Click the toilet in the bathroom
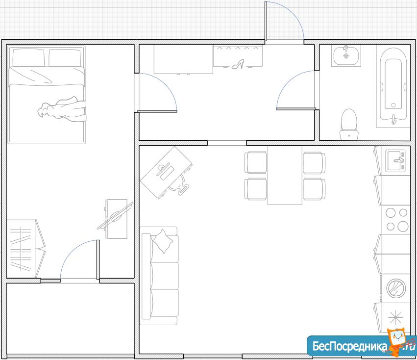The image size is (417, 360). point(349,124)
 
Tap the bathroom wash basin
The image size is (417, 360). point(346,55)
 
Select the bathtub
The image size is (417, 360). point(393,85)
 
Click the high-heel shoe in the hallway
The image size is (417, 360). point(238,64)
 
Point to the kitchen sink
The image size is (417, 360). point(396,160)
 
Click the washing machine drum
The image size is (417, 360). point(396,288)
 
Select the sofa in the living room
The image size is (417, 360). point(159,276)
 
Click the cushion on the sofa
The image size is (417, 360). point(162,241)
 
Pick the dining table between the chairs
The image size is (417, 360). point(285,175)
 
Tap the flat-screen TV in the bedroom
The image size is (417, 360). point(115,216)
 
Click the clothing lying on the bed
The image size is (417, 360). point(63,109)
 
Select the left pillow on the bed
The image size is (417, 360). point(28,57)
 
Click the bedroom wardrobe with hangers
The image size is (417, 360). point(25,249)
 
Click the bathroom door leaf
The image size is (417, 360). point(296,109)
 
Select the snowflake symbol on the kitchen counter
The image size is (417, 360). point(395,317)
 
